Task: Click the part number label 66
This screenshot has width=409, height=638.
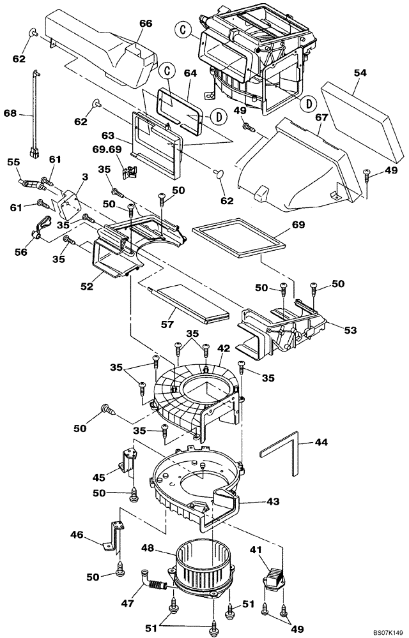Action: [x=146, y=24]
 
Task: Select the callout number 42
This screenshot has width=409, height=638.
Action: [x=224, y=349]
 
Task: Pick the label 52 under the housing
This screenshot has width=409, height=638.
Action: [x=87, y=286]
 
